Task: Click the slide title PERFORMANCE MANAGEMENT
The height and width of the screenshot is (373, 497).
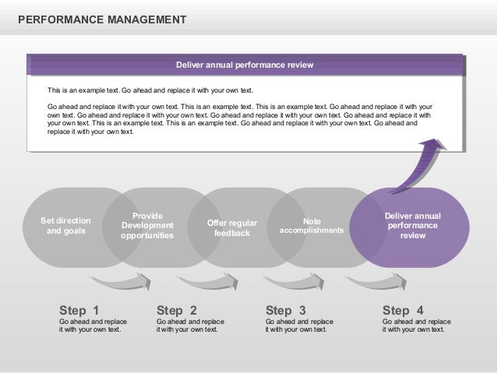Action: coord(101,17)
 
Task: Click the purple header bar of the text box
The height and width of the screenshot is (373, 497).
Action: coord(245,65)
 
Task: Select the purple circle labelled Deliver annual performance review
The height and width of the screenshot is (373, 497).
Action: coord(412,226)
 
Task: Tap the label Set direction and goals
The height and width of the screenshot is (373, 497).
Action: coord(65,226)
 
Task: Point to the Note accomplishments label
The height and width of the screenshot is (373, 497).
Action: coord(312,226)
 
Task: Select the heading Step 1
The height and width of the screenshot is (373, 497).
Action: coord(79,309)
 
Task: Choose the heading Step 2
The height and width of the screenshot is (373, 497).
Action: coord(177,309)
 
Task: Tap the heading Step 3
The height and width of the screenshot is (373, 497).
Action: coord(286,309)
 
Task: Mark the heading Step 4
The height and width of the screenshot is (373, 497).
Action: coord(403,309)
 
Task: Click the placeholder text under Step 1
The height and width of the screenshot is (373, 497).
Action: coord(93,325)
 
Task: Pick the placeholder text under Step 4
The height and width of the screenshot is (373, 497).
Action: coord(416,325)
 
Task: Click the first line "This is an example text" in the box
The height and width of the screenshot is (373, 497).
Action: coord(150,90)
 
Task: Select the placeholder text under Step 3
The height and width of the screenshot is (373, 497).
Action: coord(299,325)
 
